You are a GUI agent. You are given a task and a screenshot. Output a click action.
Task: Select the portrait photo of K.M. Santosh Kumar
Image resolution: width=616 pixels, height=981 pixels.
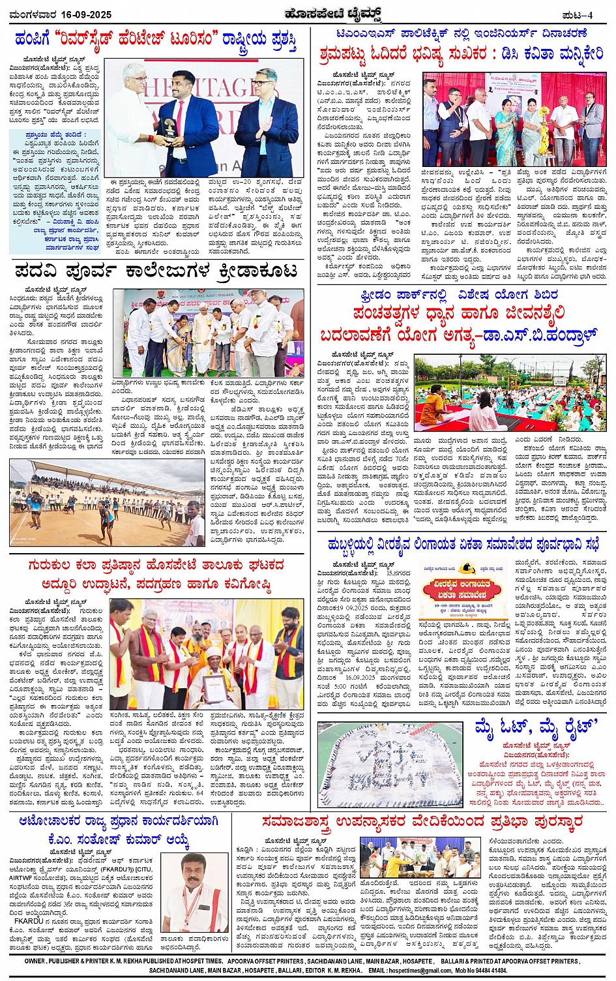point(195,893)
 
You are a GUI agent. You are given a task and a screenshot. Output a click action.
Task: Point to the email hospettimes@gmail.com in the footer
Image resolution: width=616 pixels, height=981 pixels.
point(423,971)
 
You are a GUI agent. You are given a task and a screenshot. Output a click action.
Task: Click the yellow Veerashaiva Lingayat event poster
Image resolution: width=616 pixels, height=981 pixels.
point(462,592)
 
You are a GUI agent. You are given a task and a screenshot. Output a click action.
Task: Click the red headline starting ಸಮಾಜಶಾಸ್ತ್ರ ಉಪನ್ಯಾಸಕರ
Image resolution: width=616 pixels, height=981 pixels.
point(422,823)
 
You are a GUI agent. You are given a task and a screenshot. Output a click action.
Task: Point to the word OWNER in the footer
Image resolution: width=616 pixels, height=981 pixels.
point(35,961)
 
